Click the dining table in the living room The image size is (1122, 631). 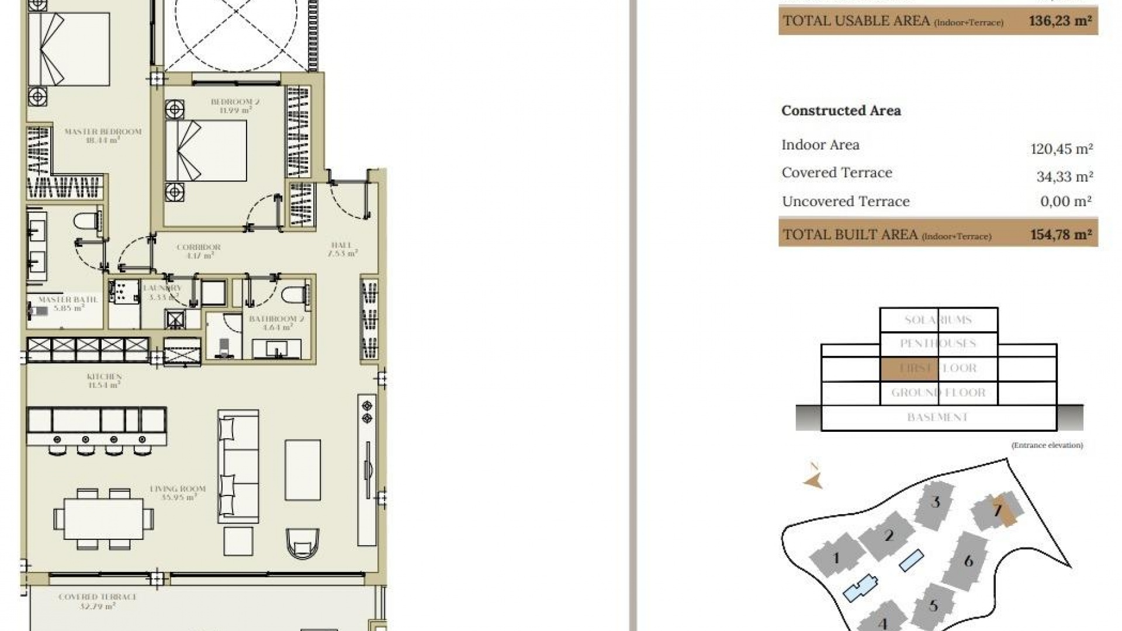coord(103,519)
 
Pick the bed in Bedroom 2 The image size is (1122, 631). coord(206,150)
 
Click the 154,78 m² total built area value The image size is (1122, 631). coord(1061,235)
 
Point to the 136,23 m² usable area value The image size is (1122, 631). coord(1060,21)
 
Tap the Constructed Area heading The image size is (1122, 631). coord(841,110)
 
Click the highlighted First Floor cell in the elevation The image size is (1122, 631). coord(909,369)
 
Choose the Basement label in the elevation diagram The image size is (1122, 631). coord(937,417)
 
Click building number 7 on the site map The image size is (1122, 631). coord(998,511)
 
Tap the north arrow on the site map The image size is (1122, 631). coord(813,479)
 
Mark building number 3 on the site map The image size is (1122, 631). coord(936,502)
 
